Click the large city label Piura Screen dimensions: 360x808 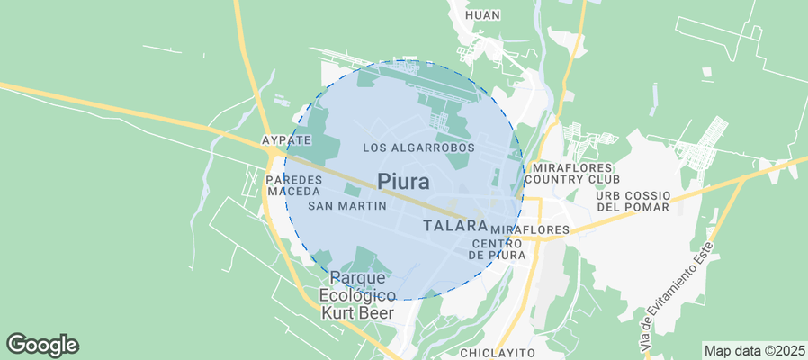(403, 182)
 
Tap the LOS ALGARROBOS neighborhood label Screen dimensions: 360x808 (417, 147)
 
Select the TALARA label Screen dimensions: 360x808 (454, 226)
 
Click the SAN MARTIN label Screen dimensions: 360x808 (347, 206)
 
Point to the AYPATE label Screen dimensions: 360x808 (285, 140)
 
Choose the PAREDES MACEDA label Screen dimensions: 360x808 (292, 186)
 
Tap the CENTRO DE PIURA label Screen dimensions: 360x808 (498, 249)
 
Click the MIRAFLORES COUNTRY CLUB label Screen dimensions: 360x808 (571, 174)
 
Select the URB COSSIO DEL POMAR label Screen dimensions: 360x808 (633, 202)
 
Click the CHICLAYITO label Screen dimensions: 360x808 (498, 352)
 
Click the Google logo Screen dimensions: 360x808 (42, 344)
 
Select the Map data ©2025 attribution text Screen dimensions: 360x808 (753, 350)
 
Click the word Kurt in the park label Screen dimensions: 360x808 (344, 313)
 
